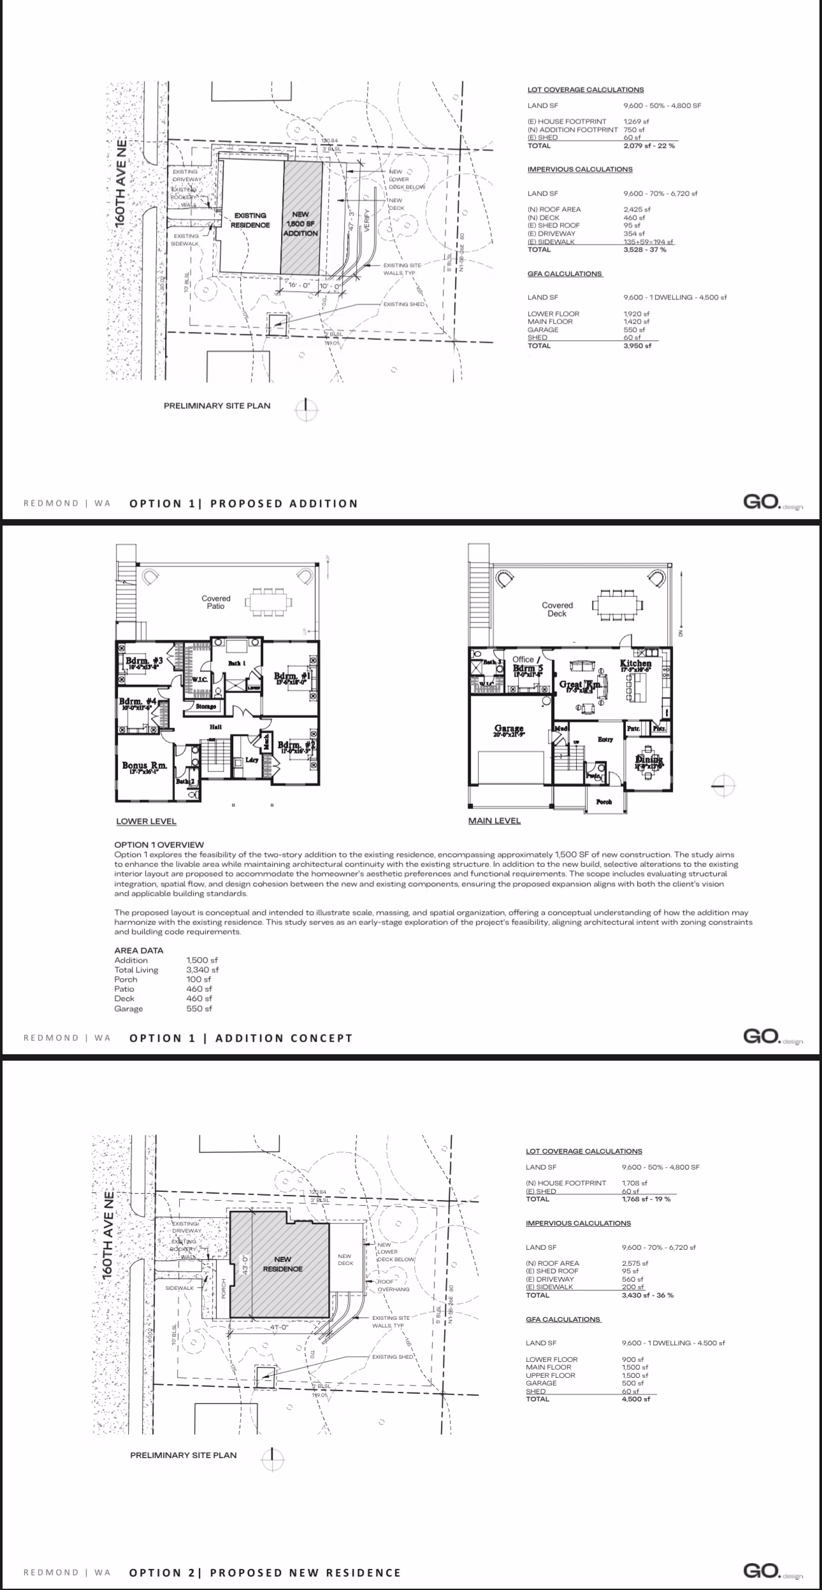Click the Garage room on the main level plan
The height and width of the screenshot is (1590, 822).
tap(508, 730)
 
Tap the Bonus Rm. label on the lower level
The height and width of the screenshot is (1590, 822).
tap(145, 766)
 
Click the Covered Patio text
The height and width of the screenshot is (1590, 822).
tap(215, 603)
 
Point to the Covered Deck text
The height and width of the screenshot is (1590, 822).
tap(557, 610)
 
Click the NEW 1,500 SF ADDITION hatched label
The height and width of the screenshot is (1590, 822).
tap(300, 224)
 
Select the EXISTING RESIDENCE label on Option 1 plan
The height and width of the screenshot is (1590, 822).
tap(250, 220)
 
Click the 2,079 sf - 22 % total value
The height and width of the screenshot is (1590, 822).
tap(649, 146)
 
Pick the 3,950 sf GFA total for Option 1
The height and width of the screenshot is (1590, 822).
tap(637, 346)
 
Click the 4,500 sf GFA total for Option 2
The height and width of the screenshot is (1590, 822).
tap(636, 1400)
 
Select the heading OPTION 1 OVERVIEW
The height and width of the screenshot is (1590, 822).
tap(159, 845)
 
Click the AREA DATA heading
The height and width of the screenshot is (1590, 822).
tap(138, 950)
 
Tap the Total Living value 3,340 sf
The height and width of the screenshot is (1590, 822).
tap(202, 970)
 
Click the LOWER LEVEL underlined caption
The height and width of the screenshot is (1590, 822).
tap(146, 822)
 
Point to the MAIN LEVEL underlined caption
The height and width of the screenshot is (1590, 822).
tap(494, 821)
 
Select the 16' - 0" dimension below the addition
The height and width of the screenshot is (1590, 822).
tap(299, 285)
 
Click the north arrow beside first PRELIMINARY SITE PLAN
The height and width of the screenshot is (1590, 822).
tap(306, 410)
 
